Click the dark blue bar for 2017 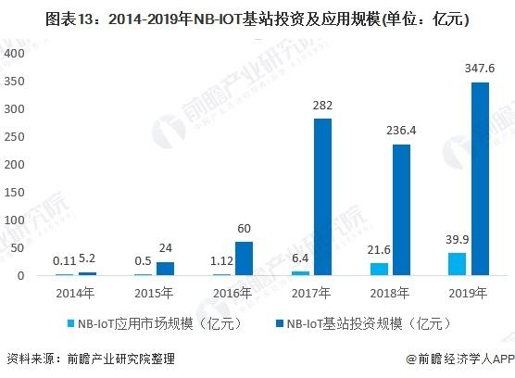pos(322,196)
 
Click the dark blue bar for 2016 pos(243,258)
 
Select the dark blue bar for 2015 pos(164,269)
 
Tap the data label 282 pos(322,106)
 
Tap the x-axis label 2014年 pos(74,294)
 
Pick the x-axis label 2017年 pos(310,294)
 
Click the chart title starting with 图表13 pos(257,17)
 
